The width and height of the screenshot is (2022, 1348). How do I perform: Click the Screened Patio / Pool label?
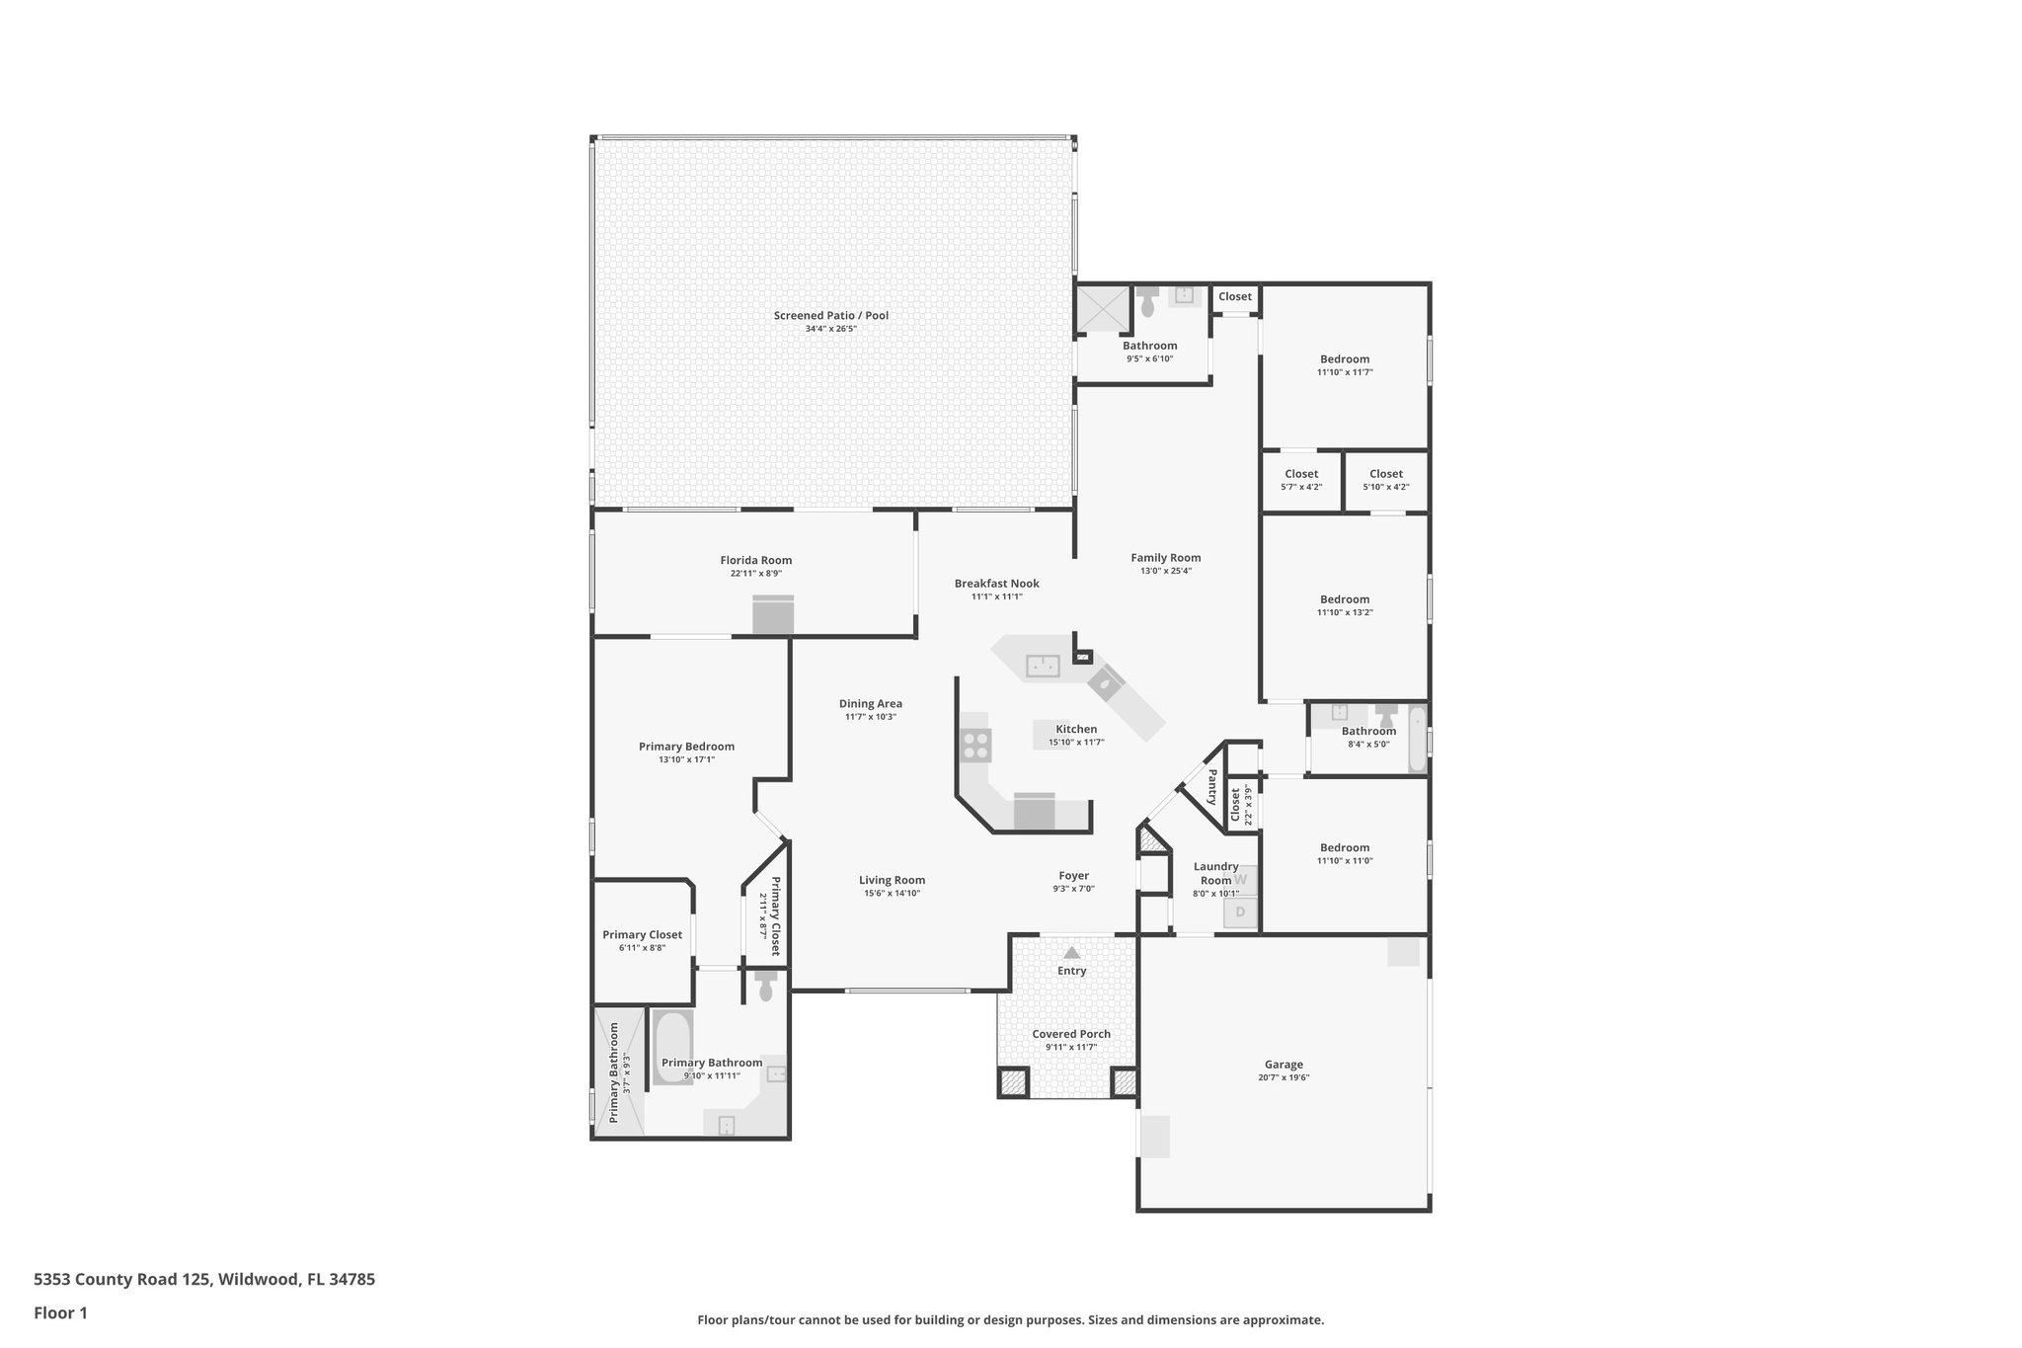(x=830, y=316)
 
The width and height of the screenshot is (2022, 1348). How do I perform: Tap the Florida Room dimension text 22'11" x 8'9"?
(x=755, y=574)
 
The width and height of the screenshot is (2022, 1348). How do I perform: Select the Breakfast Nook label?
(x=996, y=584)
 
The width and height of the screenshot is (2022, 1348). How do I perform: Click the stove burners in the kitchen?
(x=975, y=745)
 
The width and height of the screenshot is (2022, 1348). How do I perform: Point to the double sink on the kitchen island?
(x=1042, y=666)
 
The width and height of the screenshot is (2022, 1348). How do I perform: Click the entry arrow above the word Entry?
(x=1071, y=952)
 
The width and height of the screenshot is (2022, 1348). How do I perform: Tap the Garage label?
(x=1283, y=1065)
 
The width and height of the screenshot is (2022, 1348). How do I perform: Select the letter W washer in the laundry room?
(x=1241, y=879)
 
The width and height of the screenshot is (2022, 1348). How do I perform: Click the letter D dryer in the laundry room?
(x=1241, y=912)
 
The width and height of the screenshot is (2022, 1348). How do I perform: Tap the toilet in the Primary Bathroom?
(x=766, y=987)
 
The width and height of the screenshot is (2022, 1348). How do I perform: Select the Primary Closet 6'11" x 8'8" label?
(x=642, y=935)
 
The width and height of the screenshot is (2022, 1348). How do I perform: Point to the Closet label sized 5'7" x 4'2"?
(x=1301, y=474)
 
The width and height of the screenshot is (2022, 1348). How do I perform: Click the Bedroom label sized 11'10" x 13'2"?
(x=1345, y=599)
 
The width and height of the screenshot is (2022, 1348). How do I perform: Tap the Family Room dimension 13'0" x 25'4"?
(x=1166, y=571)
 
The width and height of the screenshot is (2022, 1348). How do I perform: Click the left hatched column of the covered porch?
(x=1012, y=1082)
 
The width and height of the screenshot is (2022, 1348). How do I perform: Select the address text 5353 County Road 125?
(x=121, y=1279)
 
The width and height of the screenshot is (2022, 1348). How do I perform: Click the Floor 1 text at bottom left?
(x=60, y=1312)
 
